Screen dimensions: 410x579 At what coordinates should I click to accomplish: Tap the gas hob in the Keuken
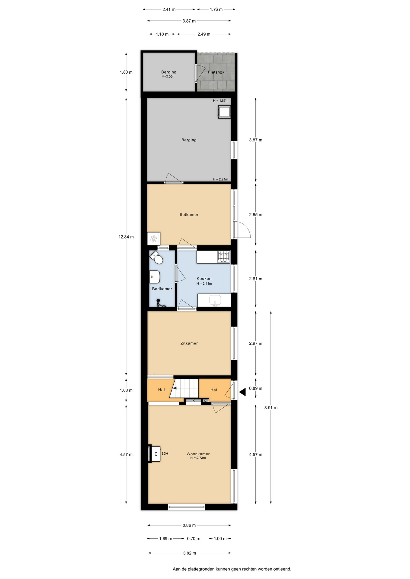click(x=224, y=257)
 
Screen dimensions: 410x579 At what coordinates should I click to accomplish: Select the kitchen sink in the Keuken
click(x=215, y=300)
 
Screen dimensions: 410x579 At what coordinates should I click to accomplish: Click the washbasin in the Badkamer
click(x=155, y=277)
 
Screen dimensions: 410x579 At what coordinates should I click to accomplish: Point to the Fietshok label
click(x=216, y=72)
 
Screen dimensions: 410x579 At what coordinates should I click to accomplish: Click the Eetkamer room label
click(x=189, y=215)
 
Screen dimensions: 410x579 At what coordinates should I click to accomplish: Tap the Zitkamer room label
click(x=189, y=343)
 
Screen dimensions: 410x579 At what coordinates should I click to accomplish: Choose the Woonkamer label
click(x=198, y=454)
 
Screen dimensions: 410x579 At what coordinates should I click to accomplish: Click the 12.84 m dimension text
click(x=126, y=237)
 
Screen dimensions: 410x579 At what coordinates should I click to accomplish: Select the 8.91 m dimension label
click(x=271, y=408)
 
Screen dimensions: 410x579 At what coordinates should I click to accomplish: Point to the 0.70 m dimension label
click(x=194, y=539)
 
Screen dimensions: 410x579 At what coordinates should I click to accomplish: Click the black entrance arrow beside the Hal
click(x=242, y=392)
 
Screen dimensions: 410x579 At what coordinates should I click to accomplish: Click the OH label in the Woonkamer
click(x=165, y=454)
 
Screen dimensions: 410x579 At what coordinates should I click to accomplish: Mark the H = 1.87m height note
click(x=221, y=101)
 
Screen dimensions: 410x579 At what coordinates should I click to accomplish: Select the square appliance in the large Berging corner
click(x=224, y=112)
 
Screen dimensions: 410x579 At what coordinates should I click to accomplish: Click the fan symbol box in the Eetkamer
click(x=154, y=239)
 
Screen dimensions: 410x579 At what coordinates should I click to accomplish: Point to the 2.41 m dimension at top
click(x=169, y=9)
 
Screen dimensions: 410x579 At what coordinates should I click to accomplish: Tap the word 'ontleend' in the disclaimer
click(x=282, y=569)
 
